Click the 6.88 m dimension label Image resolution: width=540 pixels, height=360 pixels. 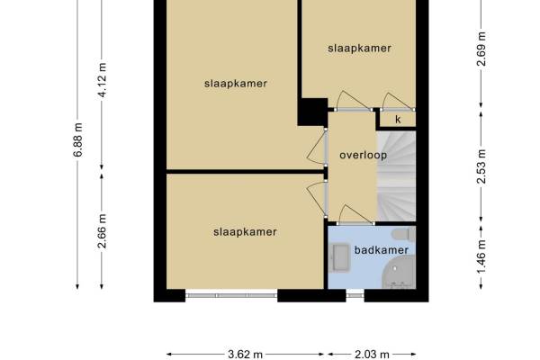coord(78,140)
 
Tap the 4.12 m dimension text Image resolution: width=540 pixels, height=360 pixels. coord(103,80)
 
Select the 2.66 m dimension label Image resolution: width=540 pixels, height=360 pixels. coord(103,231)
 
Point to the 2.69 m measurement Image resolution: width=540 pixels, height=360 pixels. coord(482,49)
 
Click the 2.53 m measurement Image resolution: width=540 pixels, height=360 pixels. coord(482,166)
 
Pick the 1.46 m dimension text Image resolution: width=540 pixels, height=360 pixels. coord(482,256)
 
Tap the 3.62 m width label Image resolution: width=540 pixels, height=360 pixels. coord(245,355)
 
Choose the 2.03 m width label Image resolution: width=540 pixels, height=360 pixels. coord(372,355)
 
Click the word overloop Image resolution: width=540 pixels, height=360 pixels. coord(364,156)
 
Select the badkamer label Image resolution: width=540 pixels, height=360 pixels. coord(382,250)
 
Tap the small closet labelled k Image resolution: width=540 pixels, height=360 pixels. coord(398,120)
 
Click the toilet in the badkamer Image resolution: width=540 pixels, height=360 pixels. coord(404,234)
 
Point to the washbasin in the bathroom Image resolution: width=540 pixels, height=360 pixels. coord(340,258)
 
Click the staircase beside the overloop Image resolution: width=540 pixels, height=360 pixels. coord(397,175)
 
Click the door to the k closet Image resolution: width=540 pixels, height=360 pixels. coord(399,102)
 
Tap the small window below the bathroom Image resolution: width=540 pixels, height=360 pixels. coord(355,295)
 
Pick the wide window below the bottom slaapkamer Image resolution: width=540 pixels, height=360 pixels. coord(231,295)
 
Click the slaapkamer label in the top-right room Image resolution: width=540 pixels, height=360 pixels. coord(359,49)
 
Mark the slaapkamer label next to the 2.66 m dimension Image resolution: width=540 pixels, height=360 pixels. coord(245,232)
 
